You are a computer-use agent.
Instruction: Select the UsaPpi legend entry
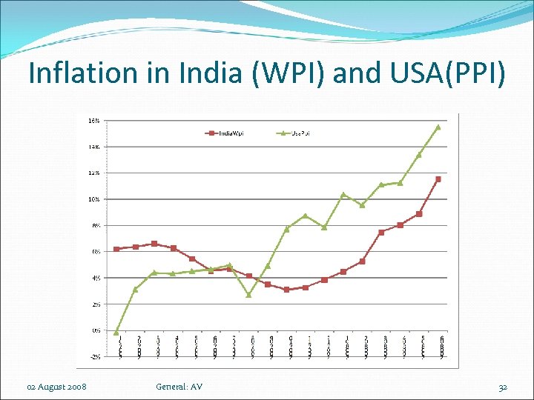coord(297,133)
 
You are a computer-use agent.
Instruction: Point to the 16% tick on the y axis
coord(95,121)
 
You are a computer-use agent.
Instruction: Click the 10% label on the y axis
coord(95,199)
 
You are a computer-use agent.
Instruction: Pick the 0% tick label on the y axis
coord(96,330)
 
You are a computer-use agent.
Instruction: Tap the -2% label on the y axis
coord(95,356)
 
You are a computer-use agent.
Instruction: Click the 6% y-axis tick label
coord(96,252)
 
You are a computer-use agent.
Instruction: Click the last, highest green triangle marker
coord(438,127)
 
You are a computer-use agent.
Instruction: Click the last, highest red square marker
coord(438,179)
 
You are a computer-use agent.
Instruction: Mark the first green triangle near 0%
coord(116,332)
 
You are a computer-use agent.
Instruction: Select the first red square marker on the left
coord(116,249)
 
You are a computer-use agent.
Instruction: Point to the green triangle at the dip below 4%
coord(248,295)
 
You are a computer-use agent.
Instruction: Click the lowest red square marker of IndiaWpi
coord(286,290)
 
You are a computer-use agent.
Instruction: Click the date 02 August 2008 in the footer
coord(56,387)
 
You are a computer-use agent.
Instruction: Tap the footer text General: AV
coord(179,387)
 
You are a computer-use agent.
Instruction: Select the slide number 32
coord(503,387)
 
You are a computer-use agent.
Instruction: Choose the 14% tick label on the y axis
coord(95,147)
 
